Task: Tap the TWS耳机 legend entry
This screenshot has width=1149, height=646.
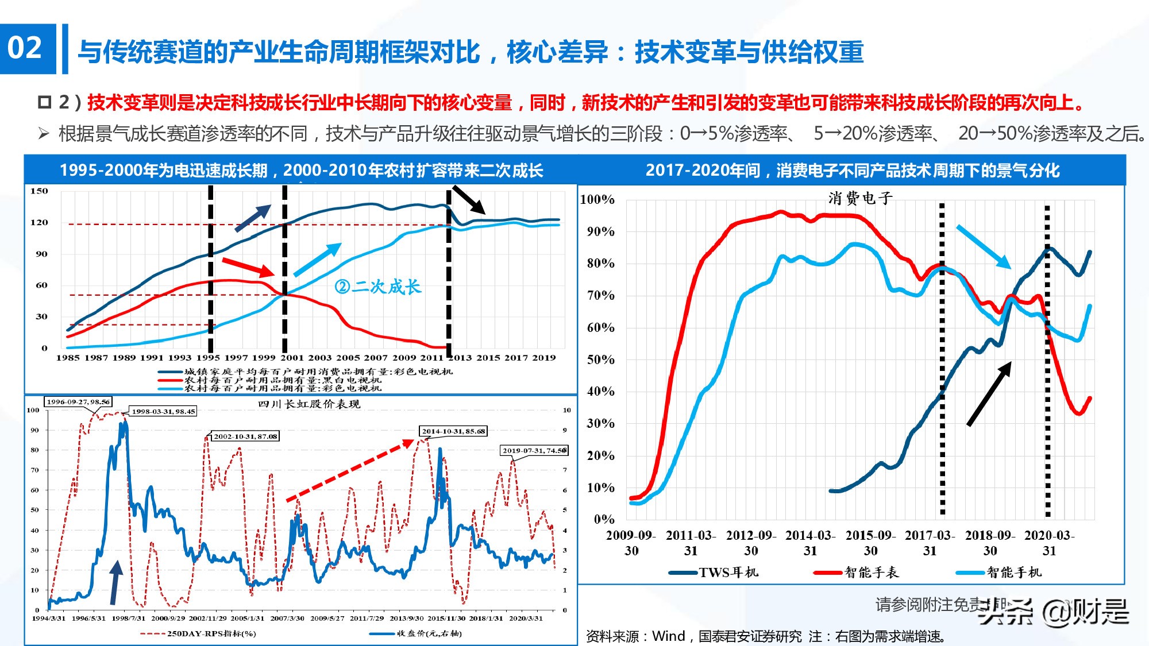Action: point(727,572)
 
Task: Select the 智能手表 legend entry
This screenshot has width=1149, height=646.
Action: point(871,572)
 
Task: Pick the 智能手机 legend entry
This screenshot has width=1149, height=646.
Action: point(1013,572)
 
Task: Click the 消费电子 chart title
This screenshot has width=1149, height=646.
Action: point(860,199)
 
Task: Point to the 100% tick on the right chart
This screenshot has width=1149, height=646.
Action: point(597,200)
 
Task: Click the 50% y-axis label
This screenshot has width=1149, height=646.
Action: point(600,360)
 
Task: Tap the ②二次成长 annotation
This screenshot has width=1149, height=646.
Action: point(377,286)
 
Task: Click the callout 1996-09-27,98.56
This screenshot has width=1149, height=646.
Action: point(78,402)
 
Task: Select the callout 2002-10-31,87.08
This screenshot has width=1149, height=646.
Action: point(245,436)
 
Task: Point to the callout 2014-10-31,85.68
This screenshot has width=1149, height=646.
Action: point(453,431)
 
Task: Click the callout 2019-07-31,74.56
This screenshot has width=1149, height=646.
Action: point(534,451)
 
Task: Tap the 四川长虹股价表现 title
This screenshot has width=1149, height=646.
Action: point(309,404)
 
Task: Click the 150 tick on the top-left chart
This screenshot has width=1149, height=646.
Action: point(39,191)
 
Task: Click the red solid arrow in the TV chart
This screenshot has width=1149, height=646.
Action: point(249,268)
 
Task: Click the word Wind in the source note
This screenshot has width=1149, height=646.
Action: point(669,636)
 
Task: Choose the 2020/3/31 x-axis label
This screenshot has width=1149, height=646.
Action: point(526,618)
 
